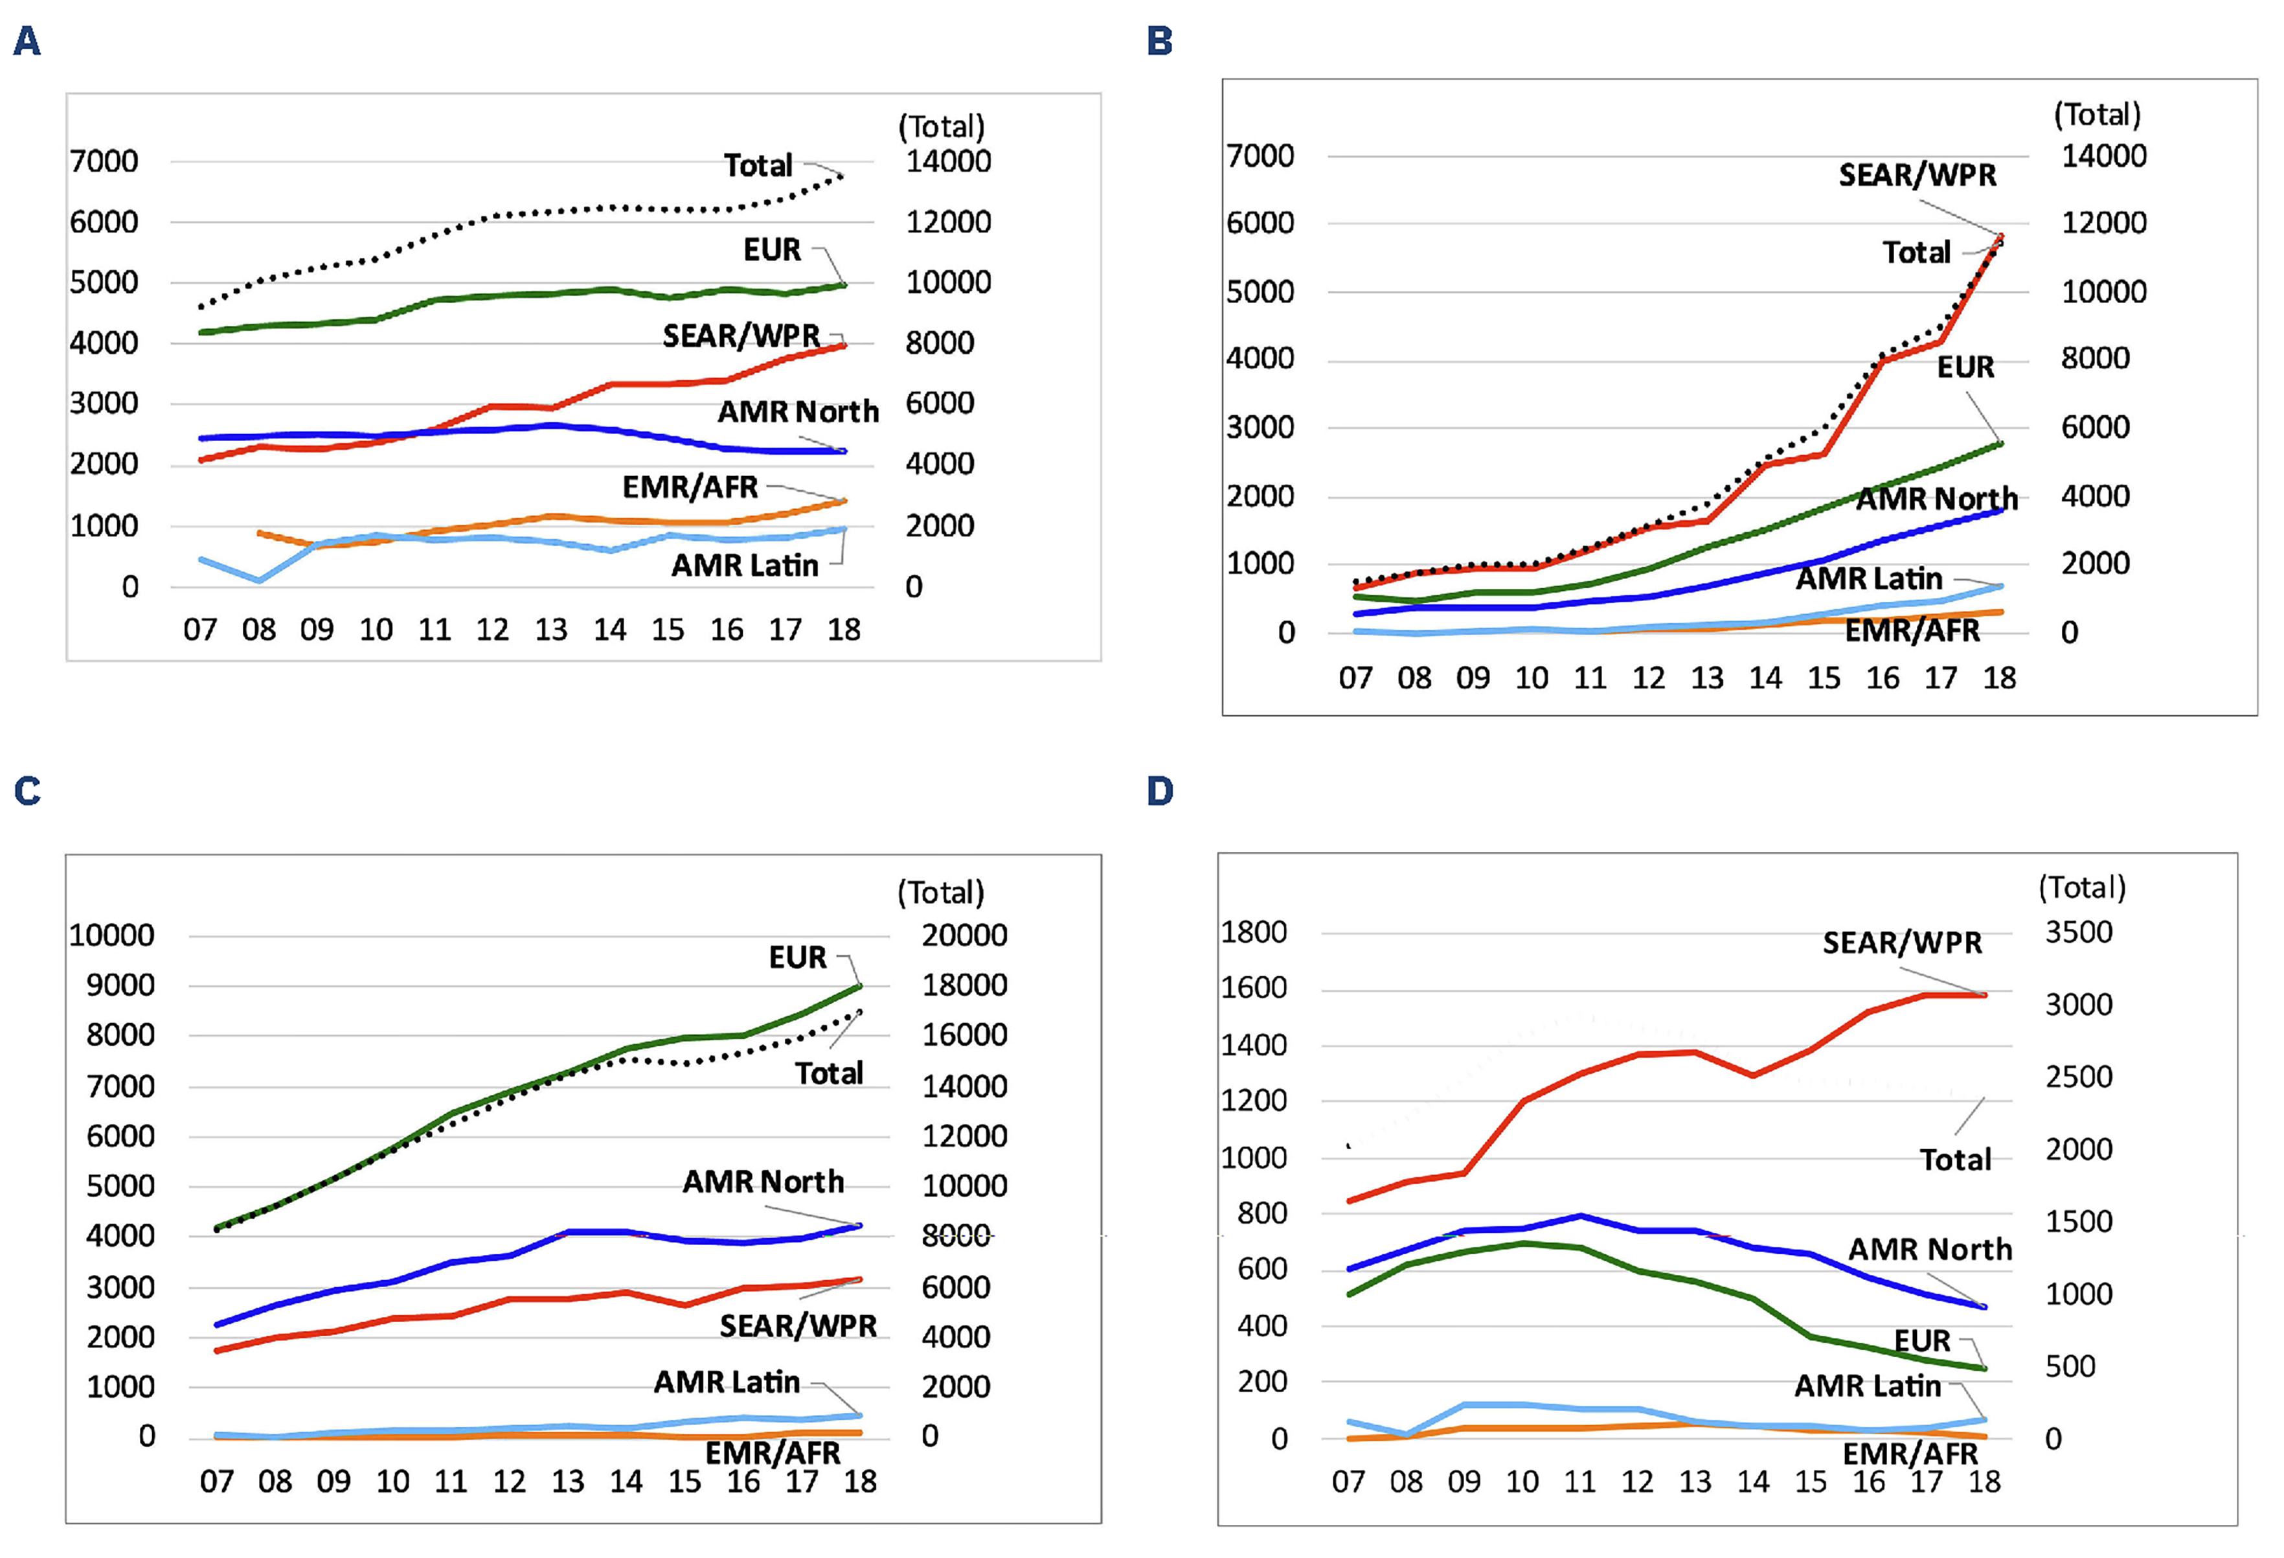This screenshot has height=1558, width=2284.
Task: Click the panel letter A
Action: click(27, 41)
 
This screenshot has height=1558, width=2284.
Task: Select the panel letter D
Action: click(1160, 791)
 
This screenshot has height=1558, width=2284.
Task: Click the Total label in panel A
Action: click(758, 165)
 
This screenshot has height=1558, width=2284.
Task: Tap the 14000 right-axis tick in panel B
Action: click(2103, 155)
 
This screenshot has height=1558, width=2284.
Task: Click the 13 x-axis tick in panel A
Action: click(550, 629)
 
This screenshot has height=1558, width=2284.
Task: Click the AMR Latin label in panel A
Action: click(744, 565)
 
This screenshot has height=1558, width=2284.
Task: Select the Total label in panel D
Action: click(1955, 1160)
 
